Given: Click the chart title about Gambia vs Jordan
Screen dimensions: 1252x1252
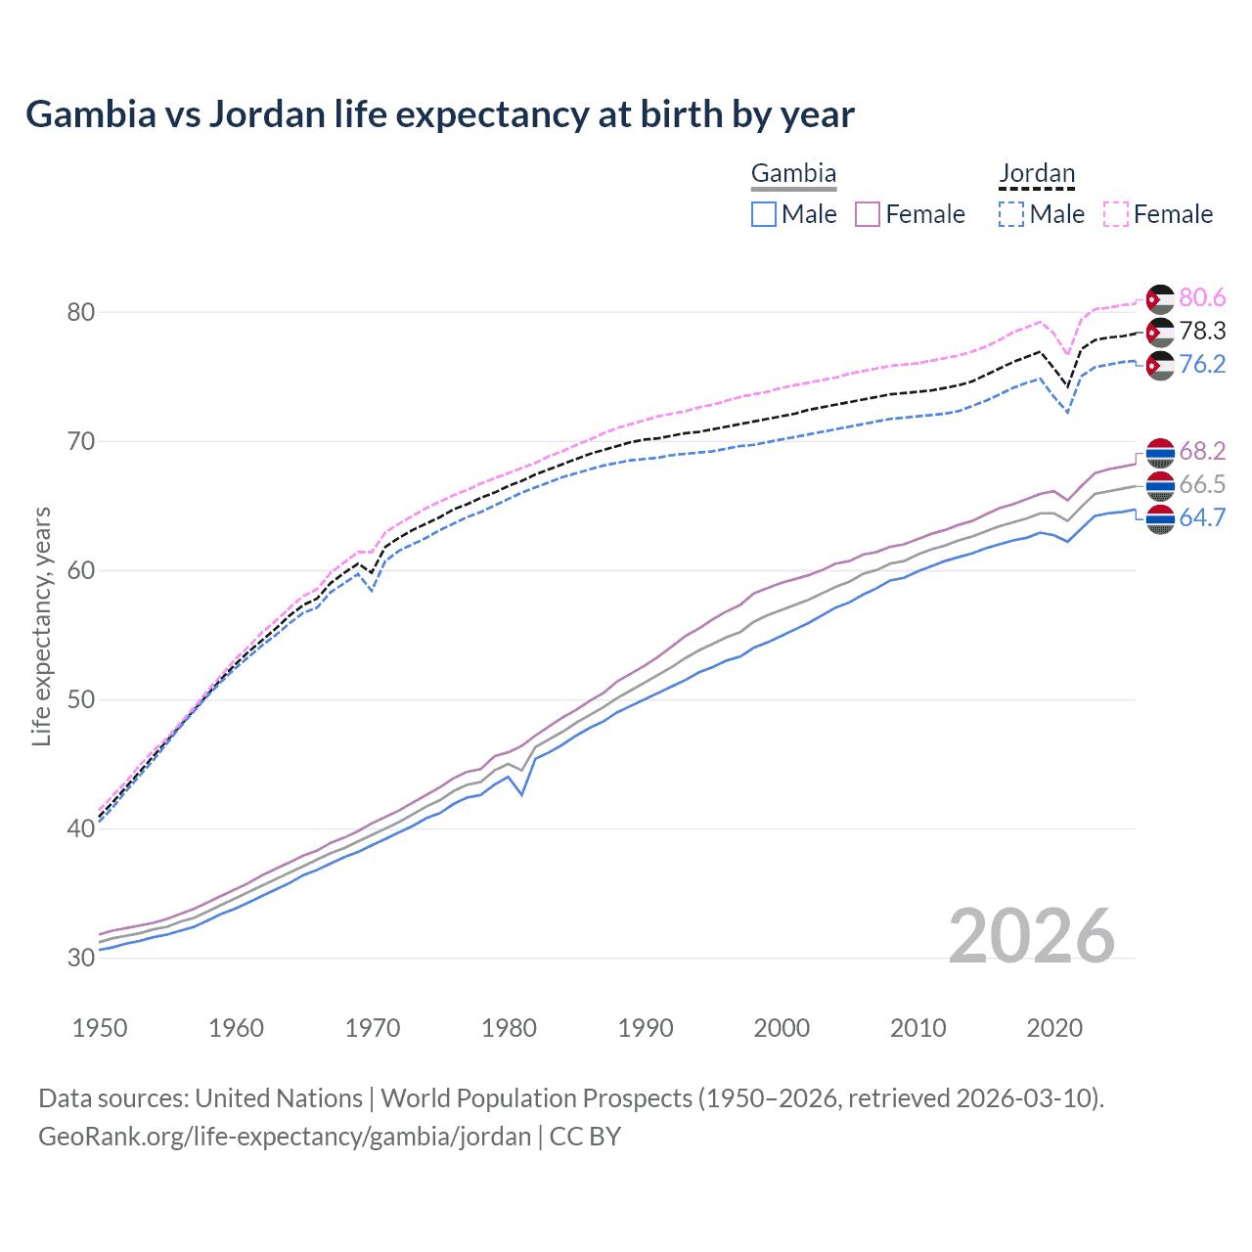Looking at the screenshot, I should pos(440,114).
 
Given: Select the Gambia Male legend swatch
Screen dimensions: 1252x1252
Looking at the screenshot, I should pos(764,214).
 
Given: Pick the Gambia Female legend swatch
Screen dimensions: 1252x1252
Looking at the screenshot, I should pos(868,214).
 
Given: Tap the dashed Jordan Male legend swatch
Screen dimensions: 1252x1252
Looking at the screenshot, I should pos(1011,214).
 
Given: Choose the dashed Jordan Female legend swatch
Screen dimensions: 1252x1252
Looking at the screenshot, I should pos(1116,214).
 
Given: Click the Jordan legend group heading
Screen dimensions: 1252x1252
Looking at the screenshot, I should pos(1037,174).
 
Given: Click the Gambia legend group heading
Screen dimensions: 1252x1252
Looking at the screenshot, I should pos(793,174).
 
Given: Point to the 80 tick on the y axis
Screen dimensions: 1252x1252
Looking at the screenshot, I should pos(81,313).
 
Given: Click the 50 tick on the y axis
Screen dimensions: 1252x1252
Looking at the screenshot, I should pos(81,700).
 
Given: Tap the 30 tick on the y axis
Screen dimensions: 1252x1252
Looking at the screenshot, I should pos(81,958).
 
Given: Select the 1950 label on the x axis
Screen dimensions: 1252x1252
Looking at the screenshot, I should pos(100,1028).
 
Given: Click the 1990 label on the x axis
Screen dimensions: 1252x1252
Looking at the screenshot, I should pos(646,1028).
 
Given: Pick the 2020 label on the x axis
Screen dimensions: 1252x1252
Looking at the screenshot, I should pos(1054,1028).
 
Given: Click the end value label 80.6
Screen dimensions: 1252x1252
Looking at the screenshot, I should pos(1202,298).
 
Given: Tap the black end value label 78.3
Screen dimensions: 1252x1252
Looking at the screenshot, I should pos(1202,332).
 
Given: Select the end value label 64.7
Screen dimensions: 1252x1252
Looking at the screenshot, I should pos(1202,518).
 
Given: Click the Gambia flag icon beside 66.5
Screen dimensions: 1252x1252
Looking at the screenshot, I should pos(1160,485).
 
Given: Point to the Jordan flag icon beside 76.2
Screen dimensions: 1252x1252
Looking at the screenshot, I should pos(1160,366).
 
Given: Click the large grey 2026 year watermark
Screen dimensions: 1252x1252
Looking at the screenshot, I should pos(1032,937).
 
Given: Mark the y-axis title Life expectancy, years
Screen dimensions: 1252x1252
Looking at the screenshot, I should pos(42,626).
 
